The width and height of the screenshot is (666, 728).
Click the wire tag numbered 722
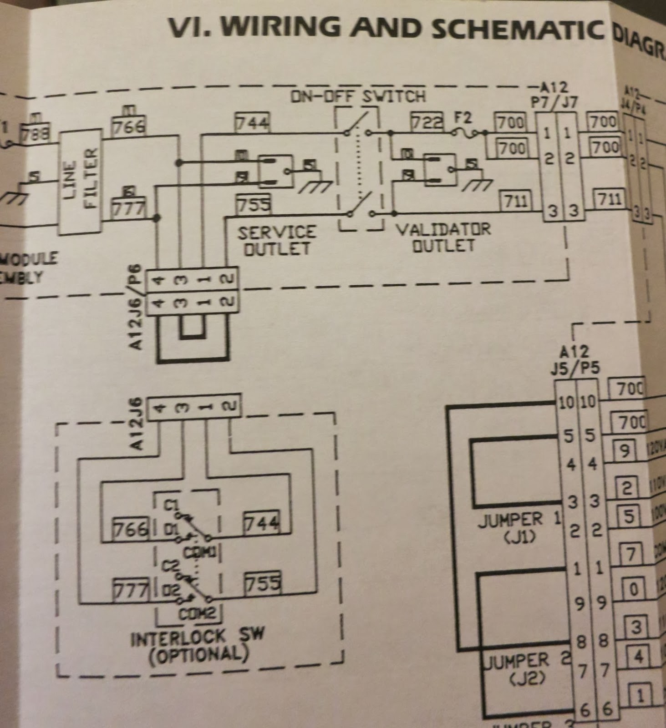pos(427,121)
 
